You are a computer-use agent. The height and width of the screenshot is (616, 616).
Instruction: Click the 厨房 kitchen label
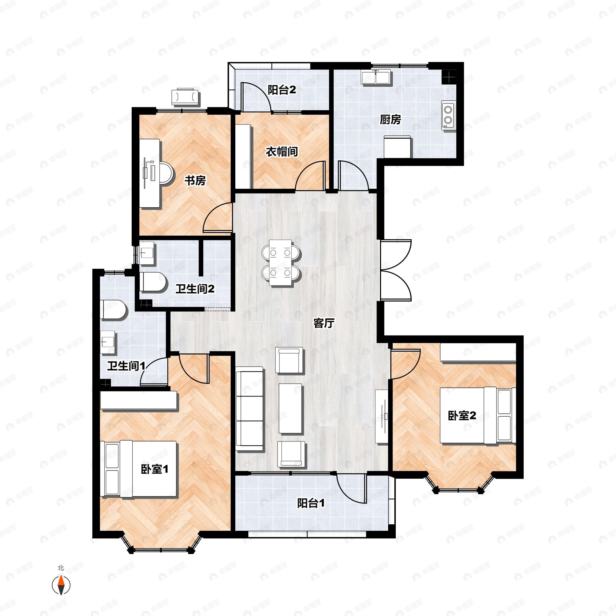[390, 120]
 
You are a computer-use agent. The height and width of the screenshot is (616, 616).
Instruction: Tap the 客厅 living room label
[324, 323]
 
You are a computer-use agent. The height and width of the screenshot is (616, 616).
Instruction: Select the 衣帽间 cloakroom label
[282, 152]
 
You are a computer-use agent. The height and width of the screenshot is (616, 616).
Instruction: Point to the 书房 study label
[195, 181]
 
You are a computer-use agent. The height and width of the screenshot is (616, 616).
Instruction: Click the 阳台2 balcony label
[282, 90]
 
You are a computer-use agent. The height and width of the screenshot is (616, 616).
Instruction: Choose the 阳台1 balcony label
[311, 503]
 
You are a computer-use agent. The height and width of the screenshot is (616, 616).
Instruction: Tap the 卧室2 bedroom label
[462, 416]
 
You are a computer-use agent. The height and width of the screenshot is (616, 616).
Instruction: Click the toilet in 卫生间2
[154, 282]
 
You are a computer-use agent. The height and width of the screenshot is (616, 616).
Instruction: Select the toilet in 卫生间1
[113, 309]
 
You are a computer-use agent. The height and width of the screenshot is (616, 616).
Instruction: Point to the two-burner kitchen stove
[449, 115]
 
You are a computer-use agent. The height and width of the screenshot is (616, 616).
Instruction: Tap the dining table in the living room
[280, 262]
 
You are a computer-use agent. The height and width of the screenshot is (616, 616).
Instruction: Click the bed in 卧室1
[138, 468]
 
